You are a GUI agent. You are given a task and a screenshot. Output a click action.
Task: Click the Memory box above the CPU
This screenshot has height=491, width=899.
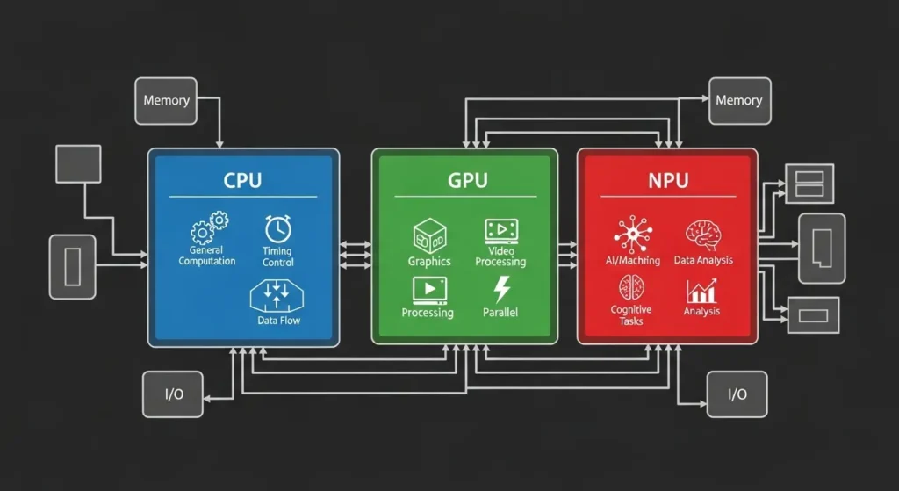(x=166, y=100)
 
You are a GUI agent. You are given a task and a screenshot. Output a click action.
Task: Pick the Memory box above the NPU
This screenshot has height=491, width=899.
(x=738, y=100)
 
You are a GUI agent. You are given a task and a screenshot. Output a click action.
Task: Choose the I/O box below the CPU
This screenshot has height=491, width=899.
(x=174, y=394)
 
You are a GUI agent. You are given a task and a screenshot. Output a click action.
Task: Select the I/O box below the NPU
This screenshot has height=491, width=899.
(x=737, y=394)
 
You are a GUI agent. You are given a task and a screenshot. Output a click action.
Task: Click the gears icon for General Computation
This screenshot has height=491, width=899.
(x=208, y=228)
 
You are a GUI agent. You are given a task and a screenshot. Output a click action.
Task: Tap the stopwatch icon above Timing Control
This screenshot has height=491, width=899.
(x=277, y=229)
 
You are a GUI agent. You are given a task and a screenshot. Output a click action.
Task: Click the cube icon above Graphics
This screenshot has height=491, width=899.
(x=429, y=235)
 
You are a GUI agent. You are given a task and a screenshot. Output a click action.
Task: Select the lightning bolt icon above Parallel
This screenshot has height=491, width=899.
(x=501, y=289)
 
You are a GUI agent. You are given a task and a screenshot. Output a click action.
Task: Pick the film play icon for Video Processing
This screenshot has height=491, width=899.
(x=500, y=231)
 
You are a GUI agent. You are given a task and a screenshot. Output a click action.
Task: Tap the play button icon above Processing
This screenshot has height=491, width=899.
(x=428, y=290)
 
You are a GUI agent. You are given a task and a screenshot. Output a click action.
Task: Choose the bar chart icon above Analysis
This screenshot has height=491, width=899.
(x=701, y=291)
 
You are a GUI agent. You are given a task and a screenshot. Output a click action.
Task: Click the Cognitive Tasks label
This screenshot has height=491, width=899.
(x=631, y=315)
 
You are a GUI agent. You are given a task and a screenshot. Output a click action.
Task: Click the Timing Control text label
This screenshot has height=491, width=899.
(x=278, y=256)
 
